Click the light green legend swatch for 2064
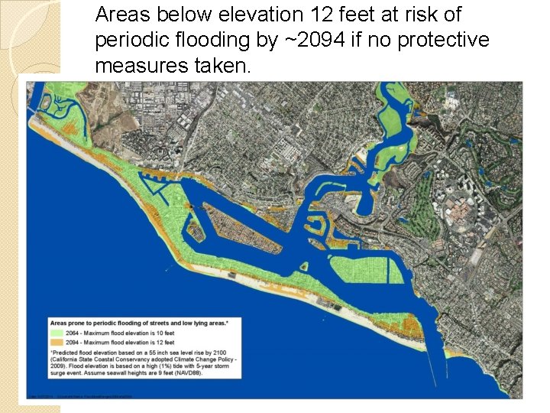[56, 333]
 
